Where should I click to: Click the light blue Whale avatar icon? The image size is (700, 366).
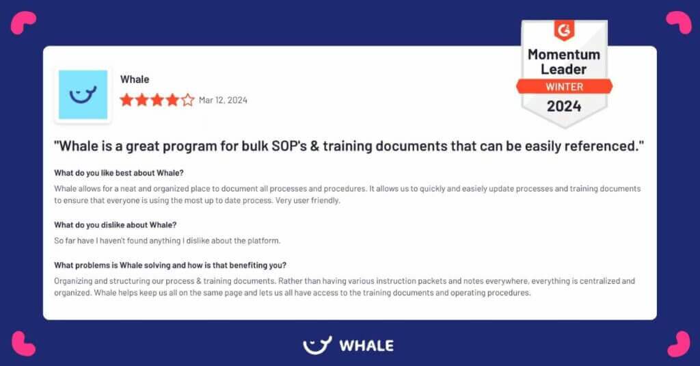[83, 94]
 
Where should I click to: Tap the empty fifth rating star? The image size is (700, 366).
[188, 100]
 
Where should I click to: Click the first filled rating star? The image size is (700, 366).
[126, 100]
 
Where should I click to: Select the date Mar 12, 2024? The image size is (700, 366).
[223, 101]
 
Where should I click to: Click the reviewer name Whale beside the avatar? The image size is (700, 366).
[135, 79]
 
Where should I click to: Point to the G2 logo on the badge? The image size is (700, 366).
[564, 31]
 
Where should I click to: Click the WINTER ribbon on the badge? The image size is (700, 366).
[564, 87]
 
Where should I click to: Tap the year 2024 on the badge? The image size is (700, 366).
[564, 106]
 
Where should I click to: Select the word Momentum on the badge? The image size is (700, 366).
[564, 54]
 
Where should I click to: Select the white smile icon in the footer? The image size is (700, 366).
[317, 345]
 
